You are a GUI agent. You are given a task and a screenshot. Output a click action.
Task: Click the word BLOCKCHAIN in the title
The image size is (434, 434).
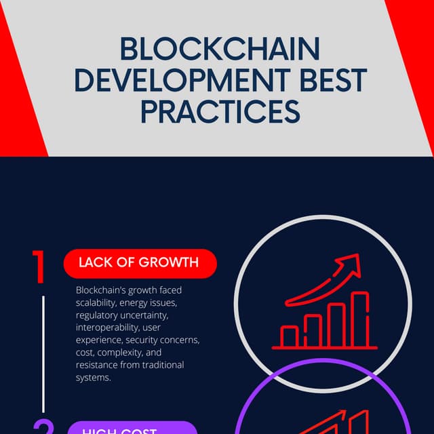click(220, 50)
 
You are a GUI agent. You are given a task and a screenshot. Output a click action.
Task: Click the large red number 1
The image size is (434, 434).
click(39, 267)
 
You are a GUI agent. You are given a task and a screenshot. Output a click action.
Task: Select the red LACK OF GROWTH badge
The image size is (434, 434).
click(140, 263)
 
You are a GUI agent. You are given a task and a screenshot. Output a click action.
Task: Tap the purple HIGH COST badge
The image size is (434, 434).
click(133, 429)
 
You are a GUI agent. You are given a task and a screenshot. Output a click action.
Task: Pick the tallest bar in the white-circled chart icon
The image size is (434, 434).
click(359, 319)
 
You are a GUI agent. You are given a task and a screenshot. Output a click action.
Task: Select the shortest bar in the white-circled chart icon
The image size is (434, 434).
click(290, 336)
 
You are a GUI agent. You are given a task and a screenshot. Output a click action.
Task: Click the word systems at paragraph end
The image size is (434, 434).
click(93, 377)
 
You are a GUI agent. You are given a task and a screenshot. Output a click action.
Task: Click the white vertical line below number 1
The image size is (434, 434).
click(43, 353)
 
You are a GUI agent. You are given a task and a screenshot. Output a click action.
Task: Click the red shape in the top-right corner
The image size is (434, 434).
click(415, 41)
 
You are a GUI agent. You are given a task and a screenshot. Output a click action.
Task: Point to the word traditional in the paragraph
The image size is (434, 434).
click(161, 365)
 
